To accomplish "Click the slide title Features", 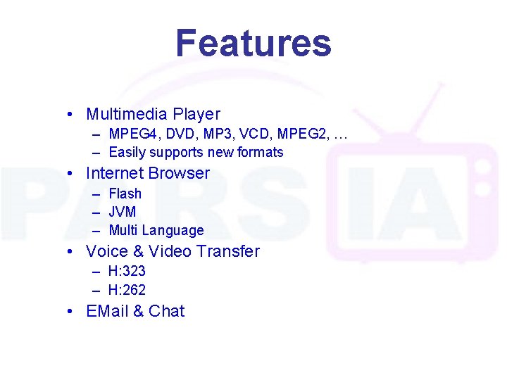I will (253, 43).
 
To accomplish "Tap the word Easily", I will (127, 153).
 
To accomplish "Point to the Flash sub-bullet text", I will (125, 194).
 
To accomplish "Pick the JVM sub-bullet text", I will (123, 212).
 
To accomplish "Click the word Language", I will (173, 231).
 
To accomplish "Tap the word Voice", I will (105, 251).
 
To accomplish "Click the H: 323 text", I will (127, 271).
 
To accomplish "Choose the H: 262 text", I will (127, 289).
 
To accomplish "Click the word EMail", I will (107, 311).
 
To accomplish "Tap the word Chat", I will (167, 311).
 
